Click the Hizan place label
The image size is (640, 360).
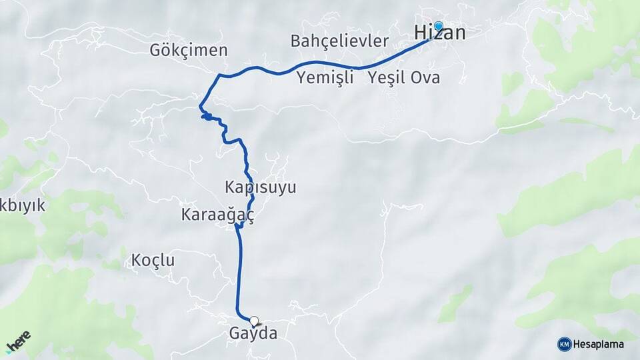439,33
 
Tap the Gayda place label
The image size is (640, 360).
253,333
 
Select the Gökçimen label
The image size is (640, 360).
189,50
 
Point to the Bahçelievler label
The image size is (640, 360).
339,41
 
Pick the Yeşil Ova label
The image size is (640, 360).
404,78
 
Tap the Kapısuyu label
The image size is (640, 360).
261,187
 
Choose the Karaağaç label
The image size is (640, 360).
217,215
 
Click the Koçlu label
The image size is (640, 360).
153,260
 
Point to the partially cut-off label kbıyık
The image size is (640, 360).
23,205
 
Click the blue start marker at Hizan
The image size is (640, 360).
439,26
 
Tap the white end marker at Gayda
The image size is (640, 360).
254,321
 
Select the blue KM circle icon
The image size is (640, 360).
564,344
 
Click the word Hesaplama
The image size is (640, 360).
599,344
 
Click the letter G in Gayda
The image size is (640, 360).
235,333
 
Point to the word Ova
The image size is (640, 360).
425,78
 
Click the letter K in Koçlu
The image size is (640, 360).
137,260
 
